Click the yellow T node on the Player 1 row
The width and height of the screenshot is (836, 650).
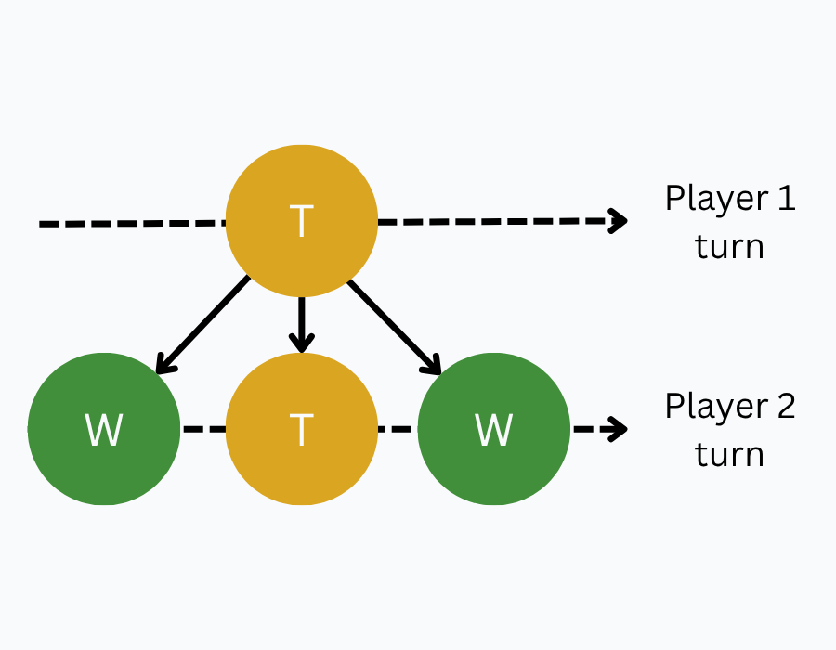(302, 221)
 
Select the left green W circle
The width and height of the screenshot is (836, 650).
(103, 429)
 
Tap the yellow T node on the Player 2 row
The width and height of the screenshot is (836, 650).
(302, 429)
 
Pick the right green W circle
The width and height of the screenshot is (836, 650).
(493, 429)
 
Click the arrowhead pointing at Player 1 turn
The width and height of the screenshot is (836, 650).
(618, 220)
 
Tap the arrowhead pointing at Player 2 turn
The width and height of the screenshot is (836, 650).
(618, 429)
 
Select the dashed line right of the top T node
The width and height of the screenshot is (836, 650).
(492, 222)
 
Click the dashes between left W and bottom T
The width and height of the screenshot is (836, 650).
(203, 430)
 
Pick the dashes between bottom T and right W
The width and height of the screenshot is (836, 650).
(398, 430)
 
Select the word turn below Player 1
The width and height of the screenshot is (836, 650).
(729, 247)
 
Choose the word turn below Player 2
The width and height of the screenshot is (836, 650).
(729, 455)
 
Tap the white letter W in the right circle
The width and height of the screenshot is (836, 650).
(493, 430)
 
